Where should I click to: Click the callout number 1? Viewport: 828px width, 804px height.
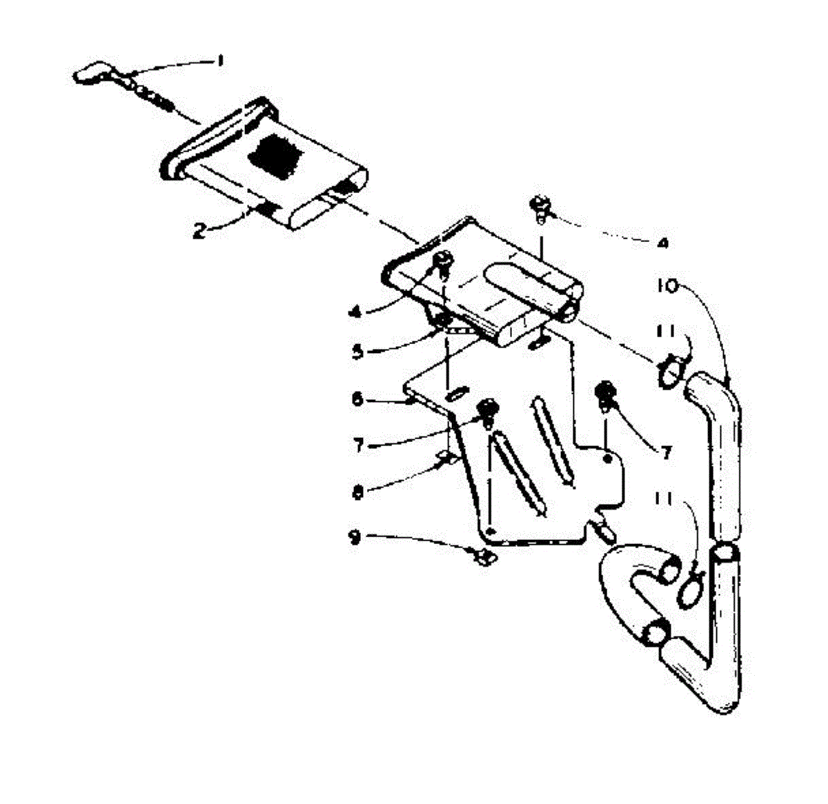tap(220, 61)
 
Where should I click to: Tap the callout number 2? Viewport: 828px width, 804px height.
tap(199, 231)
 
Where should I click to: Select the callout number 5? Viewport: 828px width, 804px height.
tap(357, 352)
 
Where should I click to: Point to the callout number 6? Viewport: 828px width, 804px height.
tap(357, 400)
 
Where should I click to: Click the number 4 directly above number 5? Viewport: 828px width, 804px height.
tap(356, 312)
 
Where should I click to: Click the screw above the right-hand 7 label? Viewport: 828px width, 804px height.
tap(605, 392)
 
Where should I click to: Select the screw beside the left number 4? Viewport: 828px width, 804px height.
tap(442, 263)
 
